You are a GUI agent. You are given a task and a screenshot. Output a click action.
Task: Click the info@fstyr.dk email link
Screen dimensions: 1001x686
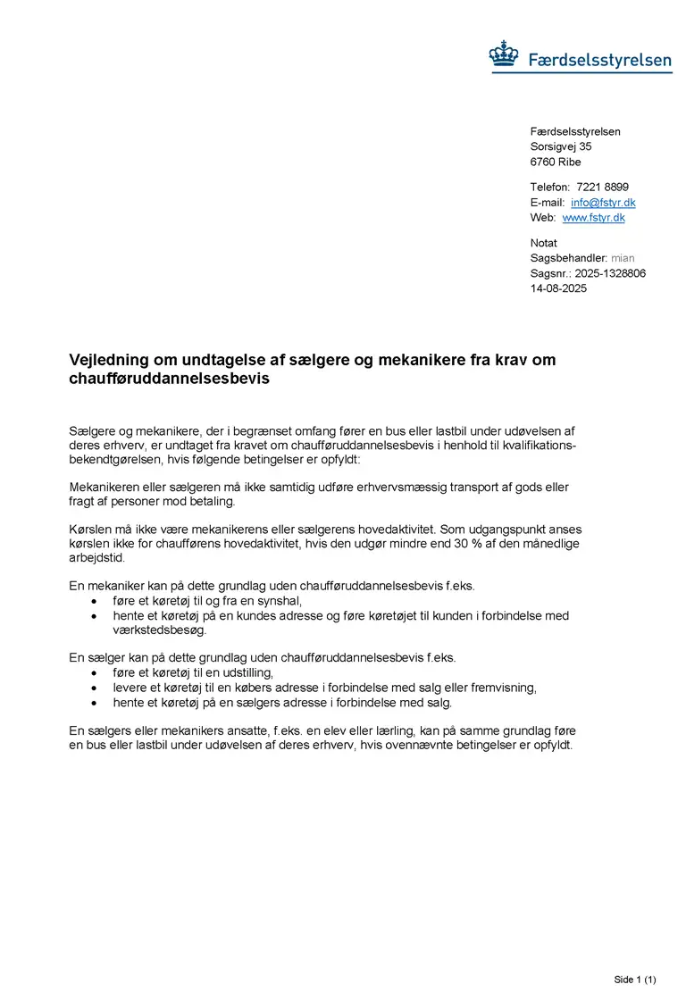tap(603, 203)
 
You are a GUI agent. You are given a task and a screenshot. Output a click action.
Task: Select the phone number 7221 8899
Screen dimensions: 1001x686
tap(602, 188)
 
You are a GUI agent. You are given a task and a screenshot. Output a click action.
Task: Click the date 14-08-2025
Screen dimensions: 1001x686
tap(558, 288)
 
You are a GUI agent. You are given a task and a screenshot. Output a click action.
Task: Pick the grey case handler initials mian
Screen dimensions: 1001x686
tap(623, 258)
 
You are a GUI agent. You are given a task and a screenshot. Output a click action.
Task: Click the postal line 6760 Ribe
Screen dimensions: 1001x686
tap(555, 162)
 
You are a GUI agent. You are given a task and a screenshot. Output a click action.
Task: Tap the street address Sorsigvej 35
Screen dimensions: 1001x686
tap(561, 146)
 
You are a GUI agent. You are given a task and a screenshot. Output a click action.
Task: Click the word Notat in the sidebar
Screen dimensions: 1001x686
tap(543, 243)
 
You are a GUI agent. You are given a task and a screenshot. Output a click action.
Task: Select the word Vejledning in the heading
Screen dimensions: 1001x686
tap(111, 360)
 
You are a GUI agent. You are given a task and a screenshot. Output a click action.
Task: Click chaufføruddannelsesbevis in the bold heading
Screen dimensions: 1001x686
tap(169, 379)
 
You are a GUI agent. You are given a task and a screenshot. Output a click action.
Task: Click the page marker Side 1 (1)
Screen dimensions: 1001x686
tap(635, 980)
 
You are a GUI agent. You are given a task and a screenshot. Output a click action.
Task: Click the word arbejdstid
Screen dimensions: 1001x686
tap(96, 558)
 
